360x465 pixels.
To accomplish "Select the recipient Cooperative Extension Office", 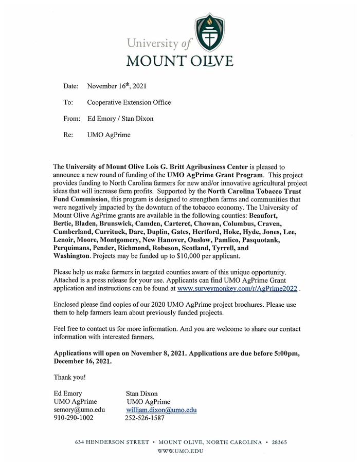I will [x=129, y=102].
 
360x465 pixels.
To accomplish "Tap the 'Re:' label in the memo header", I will [x=68, y=135].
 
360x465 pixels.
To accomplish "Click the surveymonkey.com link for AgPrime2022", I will [x=237, y=289].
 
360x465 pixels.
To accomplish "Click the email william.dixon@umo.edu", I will [x=161, y=410].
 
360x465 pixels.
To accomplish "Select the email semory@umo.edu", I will [x=79, y=410].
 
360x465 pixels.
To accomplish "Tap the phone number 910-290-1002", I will [x=74, y=418].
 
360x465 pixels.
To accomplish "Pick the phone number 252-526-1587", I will [x=145, y=418].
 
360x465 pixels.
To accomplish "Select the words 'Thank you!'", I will [x=70, y=378].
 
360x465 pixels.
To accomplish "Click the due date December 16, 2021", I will [x=82, y=361].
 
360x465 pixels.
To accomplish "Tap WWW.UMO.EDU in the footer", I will [x=179, y=451].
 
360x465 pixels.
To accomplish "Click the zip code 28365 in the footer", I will [x=279, y=442].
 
